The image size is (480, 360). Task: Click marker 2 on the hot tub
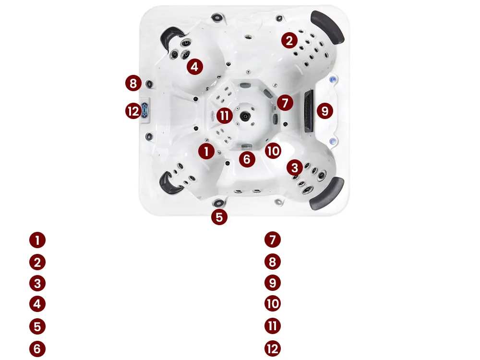[289, 40]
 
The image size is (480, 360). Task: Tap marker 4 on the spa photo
[195, 66]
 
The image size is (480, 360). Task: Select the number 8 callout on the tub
[133, 83]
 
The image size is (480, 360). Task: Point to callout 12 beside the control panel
[133, 111]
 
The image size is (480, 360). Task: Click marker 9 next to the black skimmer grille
[325, 111]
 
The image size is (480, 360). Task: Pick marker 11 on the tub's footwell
[224, 116]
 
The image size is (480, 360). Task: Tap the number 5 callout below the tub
[219, 217]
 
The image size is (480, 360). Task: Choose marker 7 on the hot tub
[285, 103]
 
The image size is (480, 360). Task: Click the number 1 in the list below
[37, 240]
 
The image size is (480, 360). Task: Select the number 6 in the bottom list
[37, 349]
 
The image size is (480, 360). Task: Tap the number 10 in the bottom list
[273, 304]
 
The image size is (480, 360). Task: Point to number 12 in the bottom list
[273, 349]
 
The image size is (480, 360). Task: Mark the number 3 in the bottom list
[37, 284]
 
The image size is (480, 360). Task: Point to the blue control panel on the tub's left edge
[144, 110]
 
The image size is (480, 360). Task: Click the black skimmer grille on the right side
[309, 111]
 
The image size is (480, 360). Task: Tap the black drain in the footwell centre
[245, 116]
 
